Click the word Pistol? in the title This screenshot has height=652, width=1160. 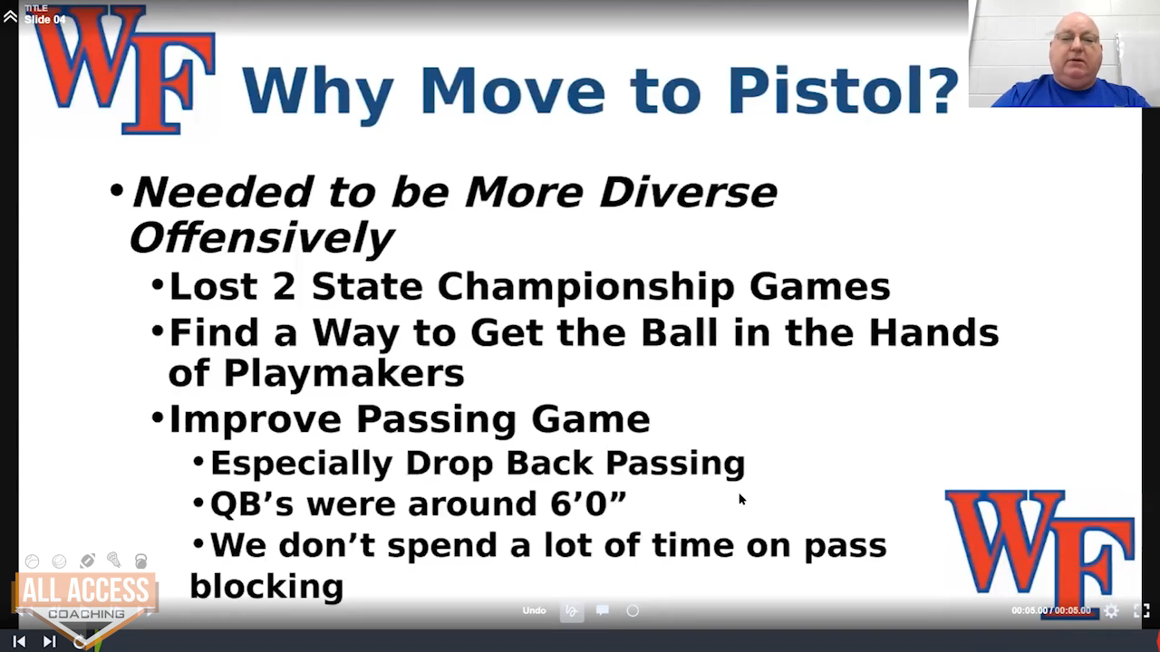point(843,91)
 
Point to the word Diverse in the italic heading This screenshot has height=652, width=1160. point(688,193)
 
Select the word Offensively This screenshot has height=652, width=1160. point(262,238)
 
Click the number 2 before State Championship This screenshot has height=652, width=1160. point(285,286)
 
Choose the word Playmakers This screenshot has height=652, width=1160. point(343,374)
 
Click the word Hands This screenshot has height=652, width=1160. point(933,332)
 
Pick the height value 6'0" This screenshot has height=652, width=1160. point(588,503)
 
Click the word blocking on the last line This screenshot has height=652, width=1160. point(266,586)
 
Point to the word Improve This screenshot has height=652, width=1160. point(256,419)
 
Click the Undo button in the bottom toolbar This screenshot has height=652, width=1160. point(534,610)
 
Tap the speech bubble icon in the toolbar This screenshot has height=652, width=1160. point(603,610)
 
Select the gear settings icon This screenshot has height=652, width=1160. point(1111,611)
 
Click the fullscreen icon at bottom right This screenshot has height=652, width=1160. point(1142,611)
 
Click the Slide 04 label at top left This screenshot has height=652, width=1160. point(45,20)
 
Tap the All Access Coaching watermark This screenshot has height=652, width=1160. point(85,600)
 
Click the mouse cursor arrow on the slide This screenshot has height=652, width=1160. point(742,499)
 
